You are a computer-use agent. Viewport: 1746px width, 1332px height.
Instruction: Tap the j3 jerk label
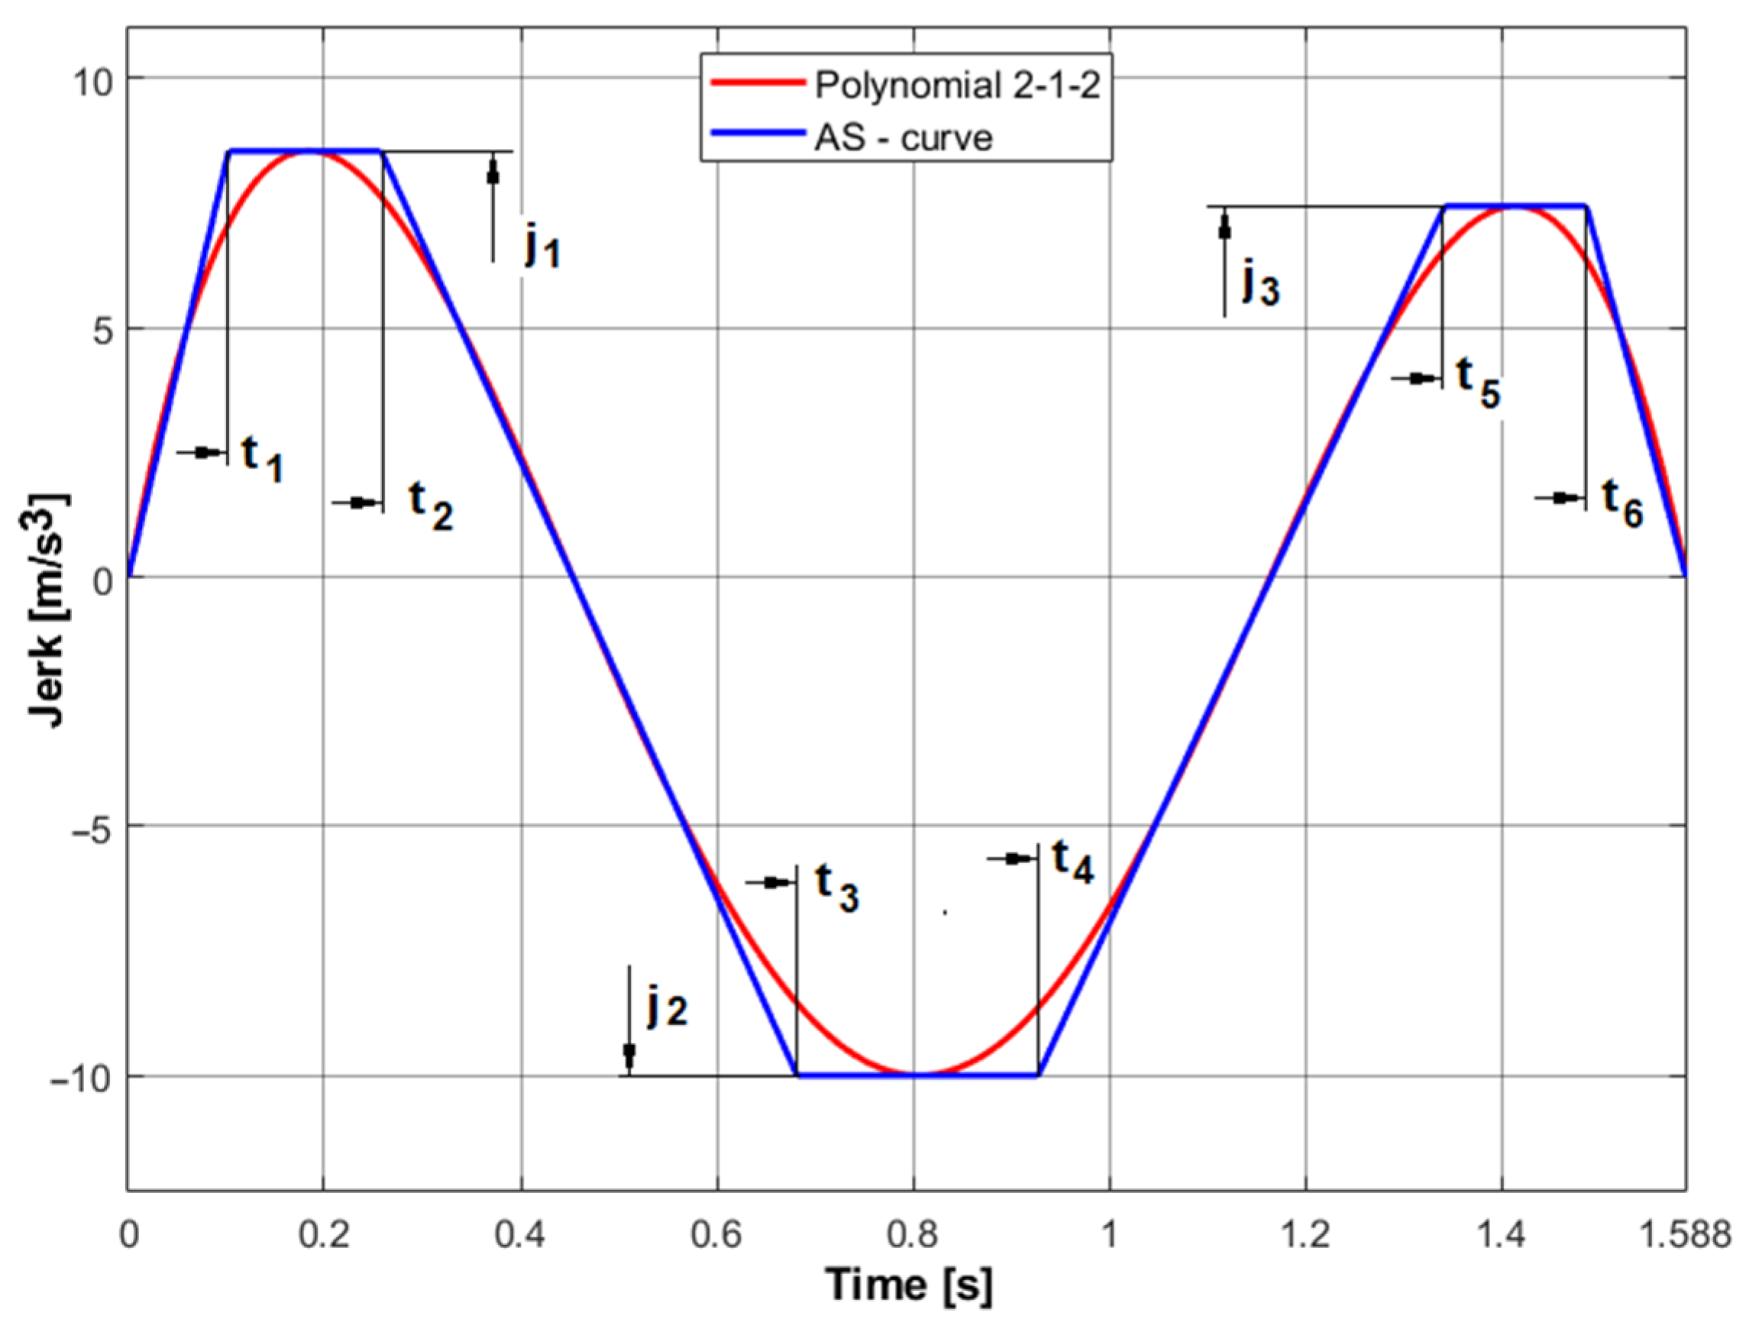(1260, 283)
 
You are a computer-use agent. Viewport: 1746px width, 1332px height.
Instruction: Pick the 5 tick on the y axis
(102, 328)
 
